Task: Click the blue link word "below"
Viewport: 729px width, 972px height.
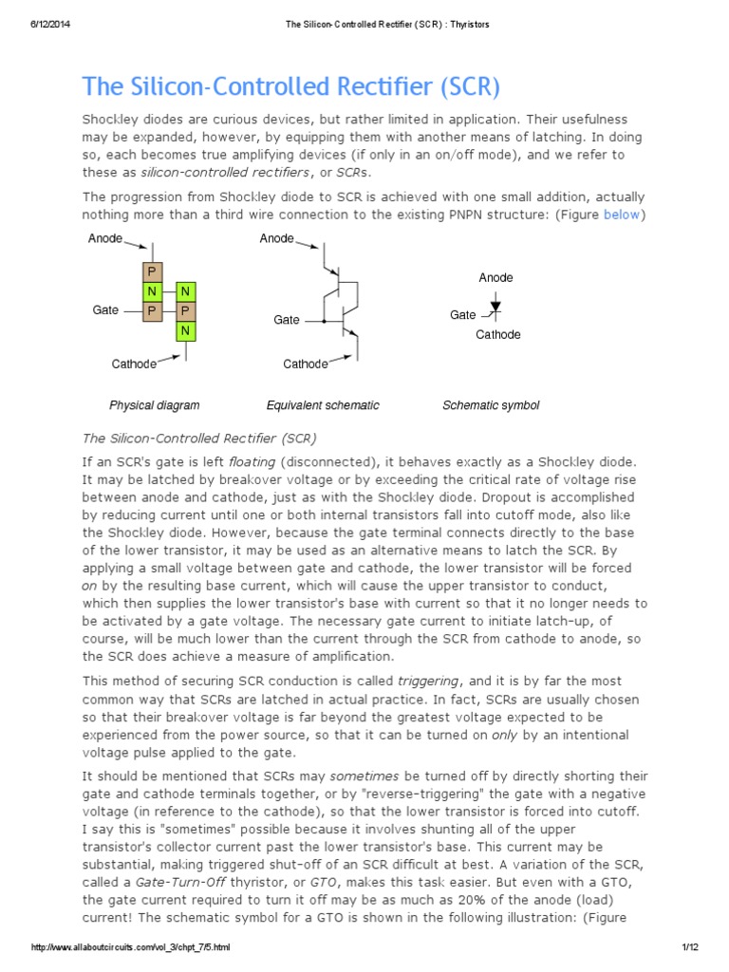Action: [622, 215]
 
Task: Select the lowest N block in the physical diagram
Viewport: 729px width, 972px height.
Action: [186, 330]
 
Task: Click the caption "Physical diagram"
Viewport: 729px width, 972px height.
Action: [154, 405]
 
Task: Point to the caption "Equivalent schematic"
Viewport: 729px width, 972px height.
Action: [323, 405]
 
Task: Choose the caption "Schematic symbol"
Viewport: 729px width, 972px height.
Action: [491, 405]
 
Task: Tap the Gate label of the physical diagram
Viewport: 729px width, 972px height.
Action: [105, 310]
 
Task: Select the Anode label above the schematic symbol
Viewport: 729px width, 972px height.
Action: [495, 278]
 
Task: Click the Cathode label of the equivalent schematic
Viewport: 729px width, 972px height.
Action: [306, 364]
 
